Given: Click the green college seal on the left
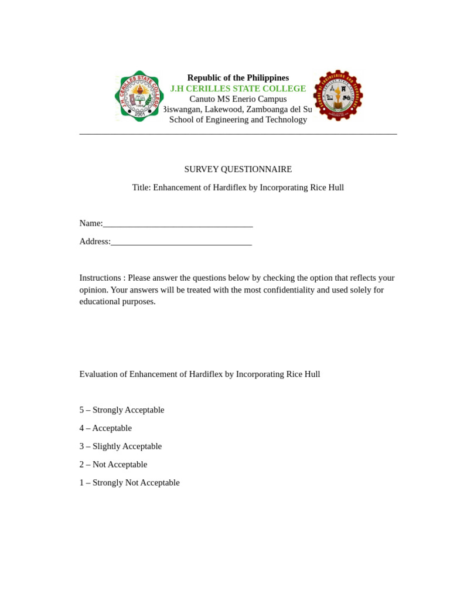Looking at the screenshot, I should coord(139,96).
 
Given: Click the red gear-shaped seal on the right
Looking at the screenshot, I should coord(338,96).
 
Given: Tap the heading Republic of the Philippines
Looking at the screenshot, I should coord(238,78).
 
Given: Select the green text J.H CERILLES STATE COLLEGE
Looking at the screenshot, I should coord(238,88).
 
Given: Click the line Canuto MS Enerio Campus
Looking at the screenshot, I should coord(238,99).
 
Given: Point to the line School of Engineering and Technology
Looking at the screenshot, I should coord(238,120).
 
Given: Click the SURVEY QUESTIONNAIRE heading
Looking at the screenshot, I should coord(238,169).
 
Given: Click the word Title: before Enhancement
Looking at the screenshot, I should coord(141,187).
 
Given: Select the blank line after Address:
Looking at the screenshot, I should coord(181,241).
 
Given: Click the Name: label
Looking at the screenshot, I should coord(91,223).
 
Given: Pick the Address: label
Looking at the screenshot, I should coord(95,241).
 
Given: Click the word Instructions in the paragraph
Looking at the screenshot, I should coord(100,278).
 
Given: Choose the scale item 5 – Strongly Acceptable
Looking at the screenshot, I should coord(122,410).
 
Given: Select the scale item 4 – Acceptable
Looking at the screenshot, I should coord(105,428).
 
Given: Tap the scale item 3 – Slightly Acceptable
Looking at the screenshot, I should coord(121,446).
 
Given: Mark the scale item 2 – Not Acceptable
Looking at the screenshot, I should coord(113,465).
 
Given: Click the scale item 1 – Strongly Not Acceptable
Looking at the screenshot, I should coord(129,483).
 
